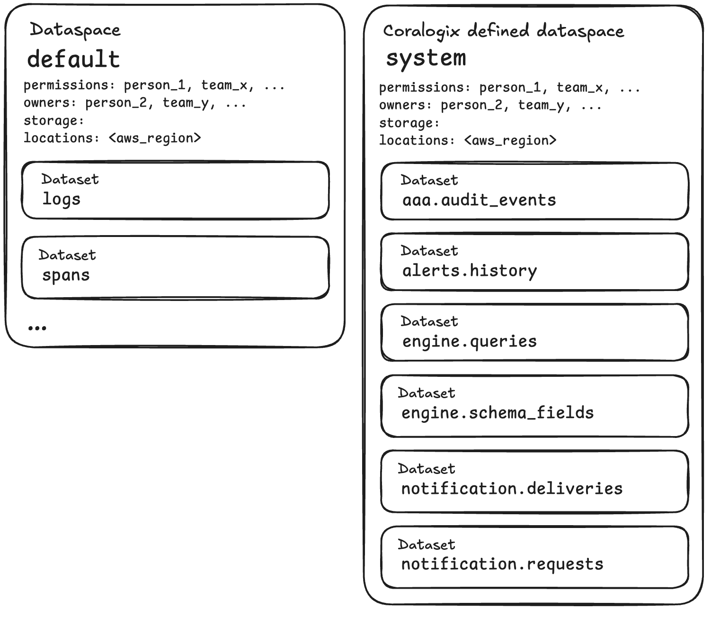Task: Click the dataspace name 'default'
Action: pos(73,59)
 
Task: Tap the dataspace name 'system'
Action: pos(426,59)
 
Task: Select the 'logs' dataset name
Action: pos(62,200)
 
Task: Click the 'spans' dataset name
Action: pos(66,275)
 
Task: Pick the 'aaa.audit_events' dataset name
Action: pos(479,200)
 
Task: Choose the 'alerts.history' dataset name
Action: pos(470,271)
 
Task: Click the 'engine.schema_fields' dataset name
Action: pos(498,413)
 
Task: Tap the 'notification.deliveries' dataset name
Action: pos(512,489)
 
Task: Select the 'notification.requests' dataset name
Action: pos(502,564)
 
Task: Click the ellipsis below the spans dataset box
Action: pos(37,328)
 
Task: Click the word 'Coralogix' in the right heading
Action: pos(421,32)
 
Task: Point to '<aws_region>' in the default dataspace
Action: pos(155,138)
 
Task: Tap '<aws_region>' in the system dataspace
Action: pos(510,141)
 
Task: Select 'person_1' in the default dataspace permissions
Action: pos(155,86)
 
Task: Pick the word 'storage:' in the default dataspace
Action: pos(54,121)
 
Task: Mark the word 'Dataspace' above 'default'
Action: pos(75,30)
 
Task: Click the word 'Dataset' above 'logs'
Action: pos(70,179)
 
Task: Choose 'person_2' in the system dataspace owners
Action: pos(471,105)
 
